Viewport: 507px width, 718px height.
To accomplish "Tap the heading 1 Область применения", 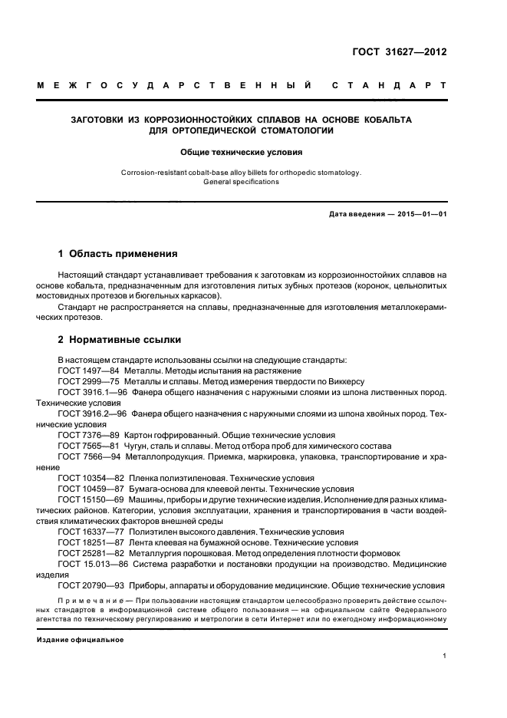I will (x=118, y=253).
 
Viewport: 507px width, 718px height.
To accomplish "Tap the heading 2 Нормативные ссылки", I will (x=120, y=339).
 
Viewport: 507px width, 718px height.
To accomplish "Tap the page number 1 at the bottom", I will (x=445, y=656).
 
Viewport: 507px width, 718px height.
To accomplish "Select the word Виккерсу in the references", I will (x=344, y=381).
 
